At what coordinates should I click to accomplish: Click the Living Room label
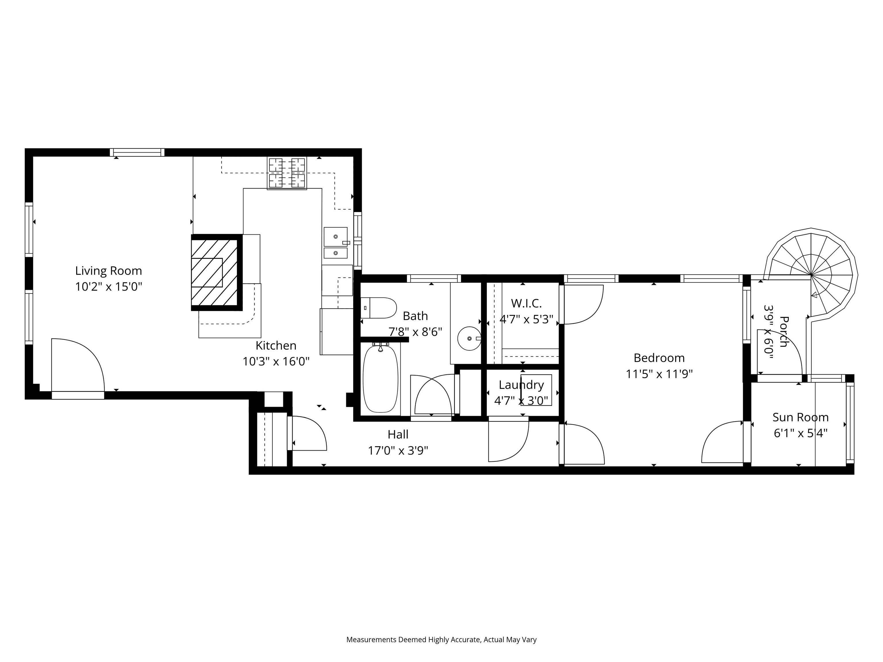click(x=109, y=271)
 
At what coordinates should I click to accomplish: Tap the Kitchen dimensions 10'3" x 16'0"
click(x=276, y=361)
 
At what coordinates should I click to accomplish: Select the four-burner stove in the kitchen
click(x=287, y=173)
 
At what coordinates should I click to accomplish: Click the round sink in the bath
click(x=469, y=338)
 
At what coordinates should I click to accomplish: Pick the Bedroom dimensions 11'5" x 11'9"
click(x=659, y=374)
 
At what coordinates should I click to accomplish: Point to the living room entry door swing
click(x=78, y=365)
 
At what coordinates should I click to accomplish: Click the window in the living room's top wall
click(x=137, y=152)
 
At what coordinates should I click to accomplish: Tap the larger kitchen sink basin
click(x=335, y=237)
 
